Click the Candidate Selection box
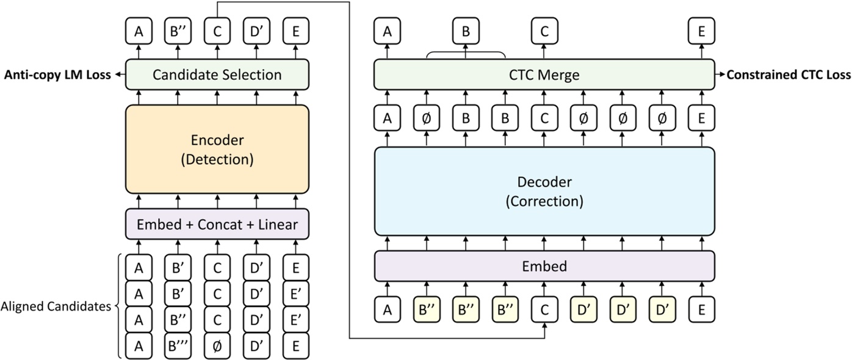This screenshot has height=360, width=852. tap(217, 75)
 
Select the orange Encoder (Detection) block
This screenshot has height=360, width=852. tap(217, 149)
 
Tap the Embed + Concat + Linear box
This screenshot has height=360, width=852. tap(217, 225)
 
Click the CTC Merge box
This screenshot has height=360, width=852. tap(543, 75)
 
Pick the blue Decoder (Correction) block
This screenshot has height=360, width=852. tap(543, 191)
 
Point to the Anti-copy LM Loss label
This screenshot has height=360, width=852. tap(57, 75)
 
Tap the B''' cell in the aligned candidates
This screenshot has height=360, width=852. tap(178, 346)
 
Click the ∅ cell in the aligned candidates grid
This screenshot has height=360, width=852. tap(217, 346)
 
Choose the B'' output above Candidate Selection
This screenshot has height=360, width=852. tap(178, 31)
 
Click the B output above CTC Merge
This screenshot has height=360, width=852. tap(466, 31)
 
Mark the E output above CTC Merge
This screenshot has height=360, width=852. tap(701, 31)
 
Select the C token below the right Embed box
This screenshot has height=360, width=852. tap(544, 309)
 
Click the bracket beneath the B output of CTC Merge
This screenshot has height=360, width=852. tap(466, 54)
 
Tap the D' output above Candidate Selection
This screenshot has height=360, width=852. tap(256, 31)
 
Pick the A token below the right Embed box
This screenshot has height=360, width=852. tap(387, 309)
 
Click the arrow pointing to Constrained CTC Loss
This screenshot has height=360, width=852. tap(720, 75)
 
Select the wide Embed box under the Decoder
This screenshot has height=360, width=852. tap(543, 266)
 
